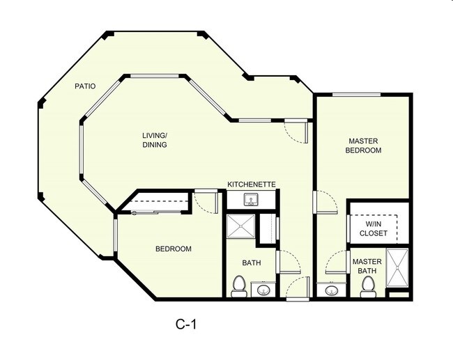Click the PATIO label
(86, 87)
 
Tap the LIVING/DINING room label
(155, 139)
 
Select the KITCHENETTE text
(252, 185)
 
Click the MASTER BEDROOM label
(364, 145)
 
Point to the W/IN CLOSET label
(374, 228)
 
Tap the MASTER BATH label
(366, 266)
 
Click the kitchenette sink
(252, 200)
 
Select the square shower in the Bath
(239, 228)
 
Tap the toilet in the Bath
(238, 286)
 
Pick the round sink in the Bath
(263, 289)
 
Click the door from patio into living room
(293, 130)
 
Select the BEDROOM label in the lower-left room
(173, 249)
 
